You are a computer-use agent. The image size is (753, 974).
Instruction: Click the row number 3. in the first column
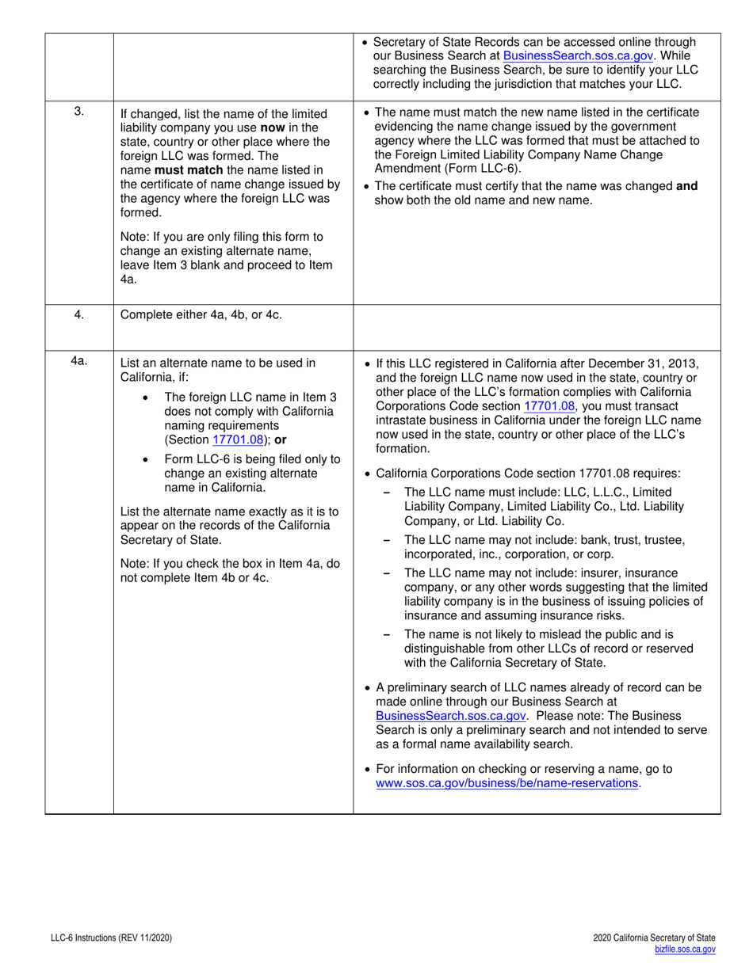79,111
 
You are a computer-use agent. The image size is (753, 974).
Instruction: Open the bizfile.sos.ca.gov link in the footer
685,949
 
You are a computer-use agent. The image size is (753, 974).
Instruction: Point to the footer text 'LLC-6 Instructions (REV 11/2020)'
109,938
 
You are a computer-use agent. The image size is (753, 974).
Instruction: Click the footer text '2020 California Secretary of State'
654,938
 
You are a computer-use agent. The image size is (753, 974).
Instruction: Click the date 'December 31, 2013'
642,363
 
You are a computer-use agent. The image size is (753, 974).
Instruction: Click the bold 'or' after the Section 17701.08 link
279,440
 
